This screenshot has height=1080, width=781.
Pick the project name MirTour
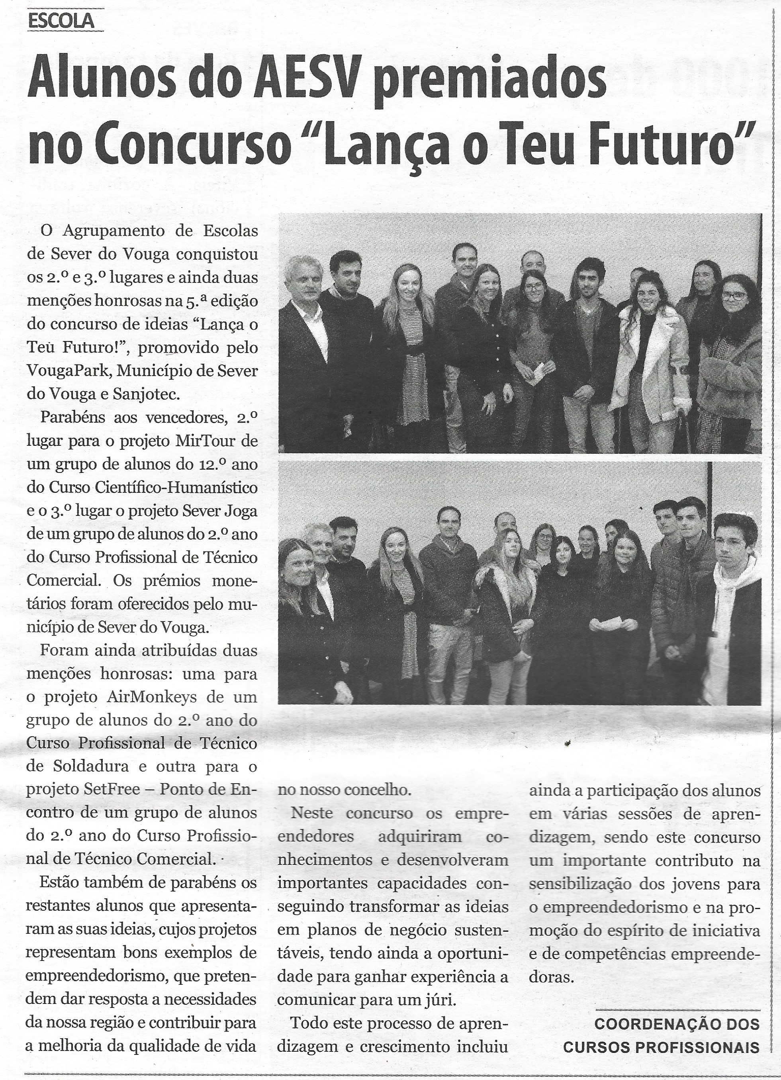click(x=207, y=441)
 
